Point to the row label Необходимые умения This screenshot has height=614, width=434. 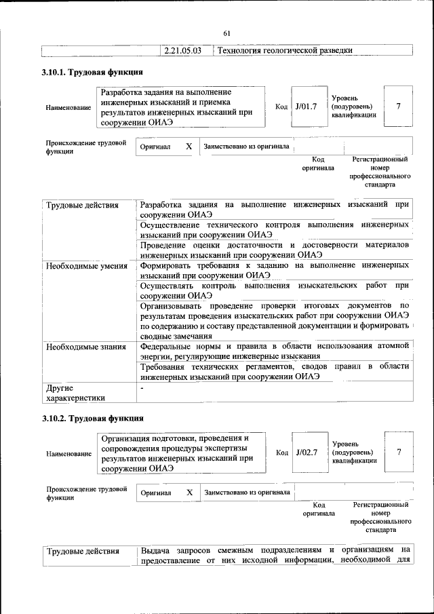[x=86, y=265]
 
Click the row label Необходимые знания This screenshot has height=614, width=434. [x=85, y=347]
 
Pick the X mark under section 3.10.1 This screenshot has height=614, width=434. [x=189, y=147]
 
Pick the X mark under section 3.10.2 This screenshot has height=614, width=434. [x=189, y=492]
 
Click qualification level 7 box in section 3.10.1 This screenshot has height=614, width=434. [x=398, y=107]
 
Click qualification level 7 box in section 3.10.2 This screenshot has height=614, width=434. [x=398, y=452]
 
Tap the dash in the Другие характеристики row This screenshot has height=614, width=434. [x=142, y=387]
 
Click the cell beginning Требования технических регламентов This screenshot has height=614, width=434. [x=274, y=371]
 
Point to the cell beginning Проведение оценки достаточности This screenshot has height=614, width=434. [x=274, y=249]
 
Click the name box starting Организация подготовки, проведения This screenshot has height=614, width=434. [x=181, y=453]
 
